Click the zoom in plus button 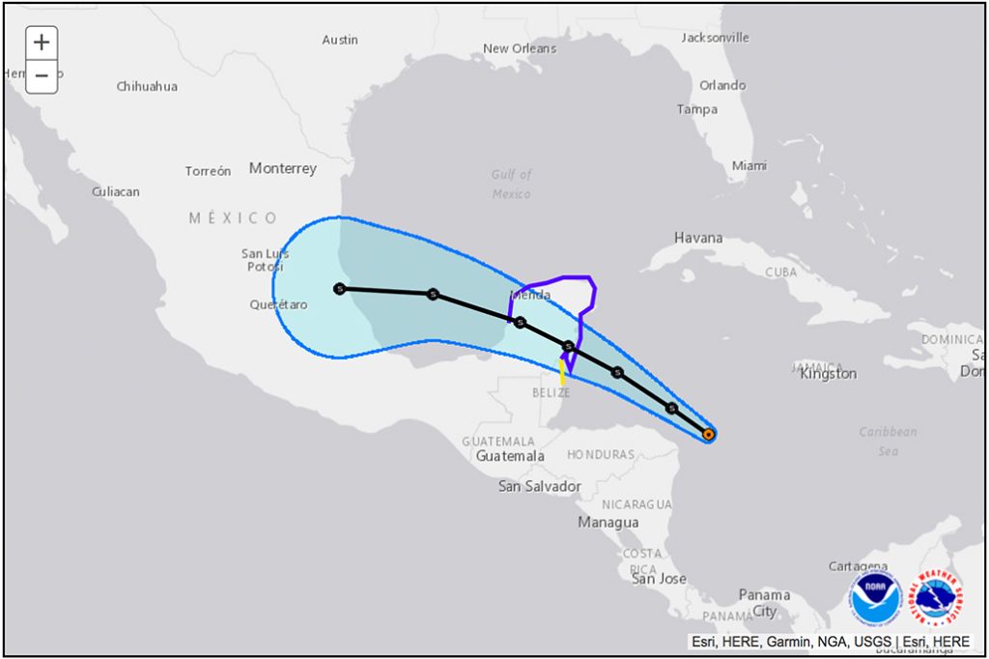click(x=42, y=43)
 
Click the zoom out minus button click(x=42, y=75)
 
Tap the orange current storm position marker click(x=709, y=435)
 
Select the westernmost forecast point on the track click(x=339, y=288)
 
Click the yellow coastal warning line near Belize click(x=562, y=371)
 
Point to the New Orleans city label click(x=520, y=48)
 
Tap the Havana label click(x=698, y=238)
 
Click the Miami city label click(x=749, y=166)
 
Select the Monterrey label click(x=282, y=168)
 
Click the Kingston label click(x=828, y=374)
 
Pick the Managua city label click(x=608, y=522)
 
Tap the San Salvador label click(x=539, y=486)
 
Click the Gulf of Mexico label click(x=512, y=184)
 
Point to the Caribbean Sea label click(x=889, y=441)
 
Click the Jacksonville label click(x=715, y=38)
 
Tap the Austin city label click(x=340, y=40)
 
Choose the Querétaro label click(x=278, y=304)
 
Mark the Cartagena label click(x=858, y=566)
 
